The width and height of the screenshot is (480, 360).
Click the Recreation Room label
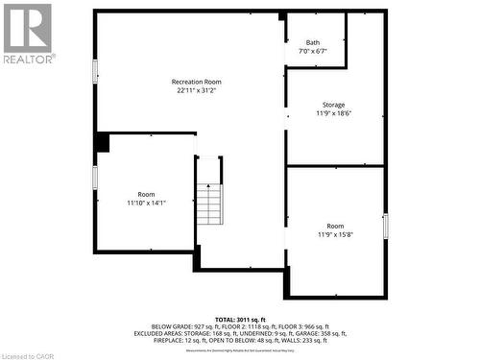pyautogui.click(x=196, y=83)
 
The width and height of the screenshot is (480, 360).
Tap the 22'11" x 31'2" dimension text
pyautogui.click(x=196, y=91)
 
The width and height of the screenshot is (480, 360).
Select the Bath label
pyautogui.click(x=313, y=42)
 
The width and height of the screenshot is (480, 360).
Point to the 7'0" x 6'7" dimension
pyautogui.click(x=313, y=51)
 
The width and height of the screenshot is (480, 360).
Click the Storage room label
pyautogui.click(x=333, y=105)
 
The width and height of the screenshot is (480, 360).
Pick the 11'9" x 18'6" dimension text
pyautogui.click(x=333, y=113)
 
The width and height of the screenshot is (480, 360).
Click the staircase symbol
pyautogui.click(x=208, y=201)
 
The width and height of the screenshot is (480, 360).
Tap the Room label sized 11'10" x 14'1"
pyautogui.click(x=146, y=194)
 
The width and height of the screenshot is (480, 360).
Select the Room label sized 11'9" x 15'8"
pyautogui.click(x=334, y=226)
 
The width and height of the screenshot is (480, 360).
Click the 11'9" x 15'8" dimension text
pyautogui.click(x=334, y=234)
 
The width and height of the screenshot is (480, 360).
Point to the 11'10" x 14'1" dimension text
pyautogui.click(x=146, y=203)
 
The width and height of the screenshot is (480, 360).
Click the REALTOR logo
pyautogui.click(x=28, y=33)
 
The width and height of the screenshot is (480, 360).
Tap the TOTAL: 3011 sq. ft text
pyautogui.click(x=240, y=318)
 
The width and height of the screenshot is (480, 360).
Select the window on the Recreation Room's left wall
pyautogui.click(x=95, y=71)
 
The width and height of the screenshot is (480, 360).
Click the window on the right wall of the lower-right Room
pyautogui.click(x=385, y=227)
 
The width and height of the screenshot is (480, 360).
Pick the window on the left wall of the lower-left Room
pyautogui.click(x=95, y=178)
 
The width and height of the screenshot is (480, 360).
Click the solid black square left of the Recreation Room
pyautogui.click(x=102, y=142)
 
